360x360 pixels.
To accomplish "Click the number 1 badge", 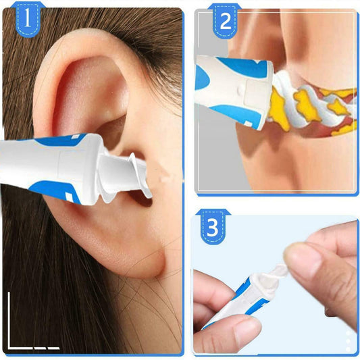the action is (28, 20).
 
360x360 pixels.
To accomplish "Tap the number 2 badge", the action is (225, 21).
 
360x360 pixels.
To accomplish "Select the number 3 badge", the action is (213, 227).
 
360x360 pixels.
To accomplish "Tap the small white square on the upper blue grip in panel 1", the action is (75, 137).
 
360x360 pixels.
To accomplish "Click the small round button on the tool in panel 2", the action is (240, 89).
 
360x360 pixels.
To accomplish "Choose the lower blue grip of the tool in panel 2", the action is (239, 115).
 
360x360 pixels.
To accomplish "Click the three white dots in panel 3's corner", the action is (349, 341).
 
